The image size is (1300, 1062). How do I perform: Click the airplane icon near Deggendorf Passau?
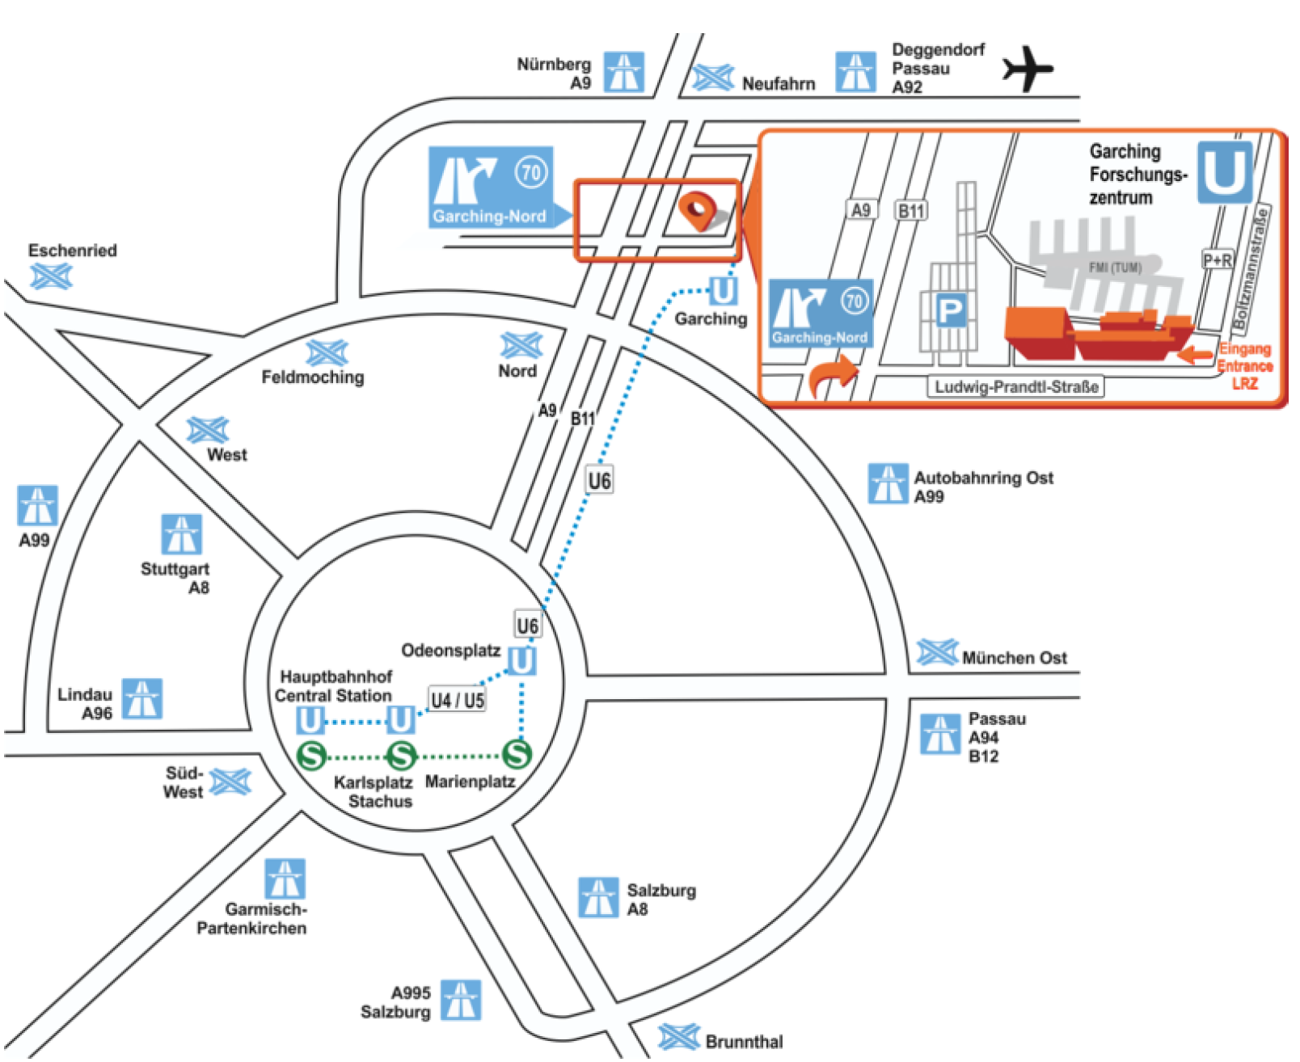point(1028,69)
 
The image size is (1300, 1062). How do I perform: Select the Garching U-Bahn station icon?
point(723,291)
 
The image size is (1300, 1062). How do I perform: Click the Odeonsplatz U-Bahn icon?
point(521,661)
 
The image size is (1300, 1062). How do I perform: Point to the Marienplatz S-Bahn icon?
point(517,754)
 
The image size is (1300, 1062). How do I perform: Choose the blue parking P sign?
point(950,310)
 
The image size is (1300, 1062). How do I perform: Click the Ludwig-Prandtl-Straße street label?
point(1016,387)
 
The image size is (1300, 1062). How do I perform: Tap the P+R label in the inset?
point(1218,260)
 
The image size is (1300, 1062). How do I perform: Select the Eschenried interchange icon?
point(51,276)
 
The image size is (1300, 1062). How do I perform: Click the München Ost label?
point(1015,658)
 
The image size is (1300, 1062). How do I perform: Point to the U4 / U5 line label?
point(458,700)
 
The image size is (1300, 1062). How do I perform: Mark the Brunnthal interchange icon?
point(678,1038)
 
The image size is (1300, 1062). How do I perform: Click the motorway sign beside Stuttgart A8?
point(181,534)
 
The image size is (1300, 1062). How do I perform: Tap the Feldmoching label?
point(313,377)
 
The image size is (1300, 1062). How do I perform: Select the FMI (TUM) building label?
point(1115,268)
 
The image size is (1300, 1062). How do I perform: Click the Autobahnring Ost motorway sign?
point(888,484)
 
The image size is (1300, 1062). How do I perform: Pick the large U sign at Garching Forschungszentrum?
point(1225,172)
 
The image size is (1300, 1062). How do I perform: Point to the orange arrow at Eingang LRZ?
point(1196,353)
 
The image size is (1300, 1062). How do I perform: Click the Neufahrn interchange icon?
point(713,78)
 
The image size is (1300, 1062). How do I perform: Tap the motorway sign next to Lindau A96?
point(142,699)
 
